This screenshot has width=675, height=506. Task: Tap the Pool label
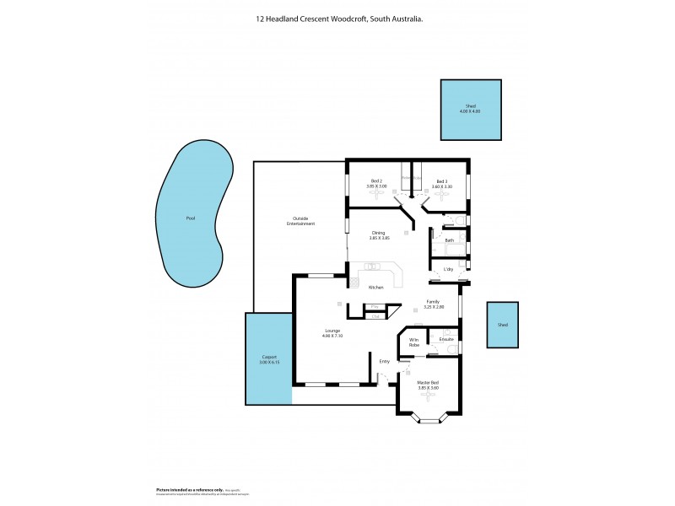[x=191, y=219]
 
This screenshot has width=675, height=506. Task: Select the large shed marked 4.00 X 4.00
[x=470, y=110]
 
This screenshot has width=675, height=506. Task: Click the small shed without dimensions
[x=503, y=325]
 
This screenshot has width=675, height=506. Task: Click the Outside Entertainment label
[x=300, y=223]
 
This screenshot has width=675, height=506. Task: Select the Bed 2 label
[x=377, y=180]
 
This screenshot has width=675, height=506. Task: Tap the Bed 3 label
[x=442, y=180]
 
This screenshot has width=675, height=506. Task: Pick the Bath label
[x=450, y=240]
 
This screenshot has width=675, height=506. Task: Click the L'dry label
[x=449, y=269]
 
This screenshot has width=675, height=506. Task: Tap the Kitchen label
[x=376, y=288]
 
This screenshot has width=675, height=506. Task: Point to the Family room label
[x=433, y=301]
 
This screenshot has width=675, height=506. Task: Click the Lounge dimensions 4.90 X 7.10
[x=332, y=336]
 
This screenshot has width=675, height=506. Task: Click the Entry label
[x=385, y=361]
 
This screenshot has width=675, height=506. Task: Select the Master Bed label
[x=429, y=383]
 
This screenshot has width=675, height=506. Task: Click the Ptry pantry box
[x=374, y=306]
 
